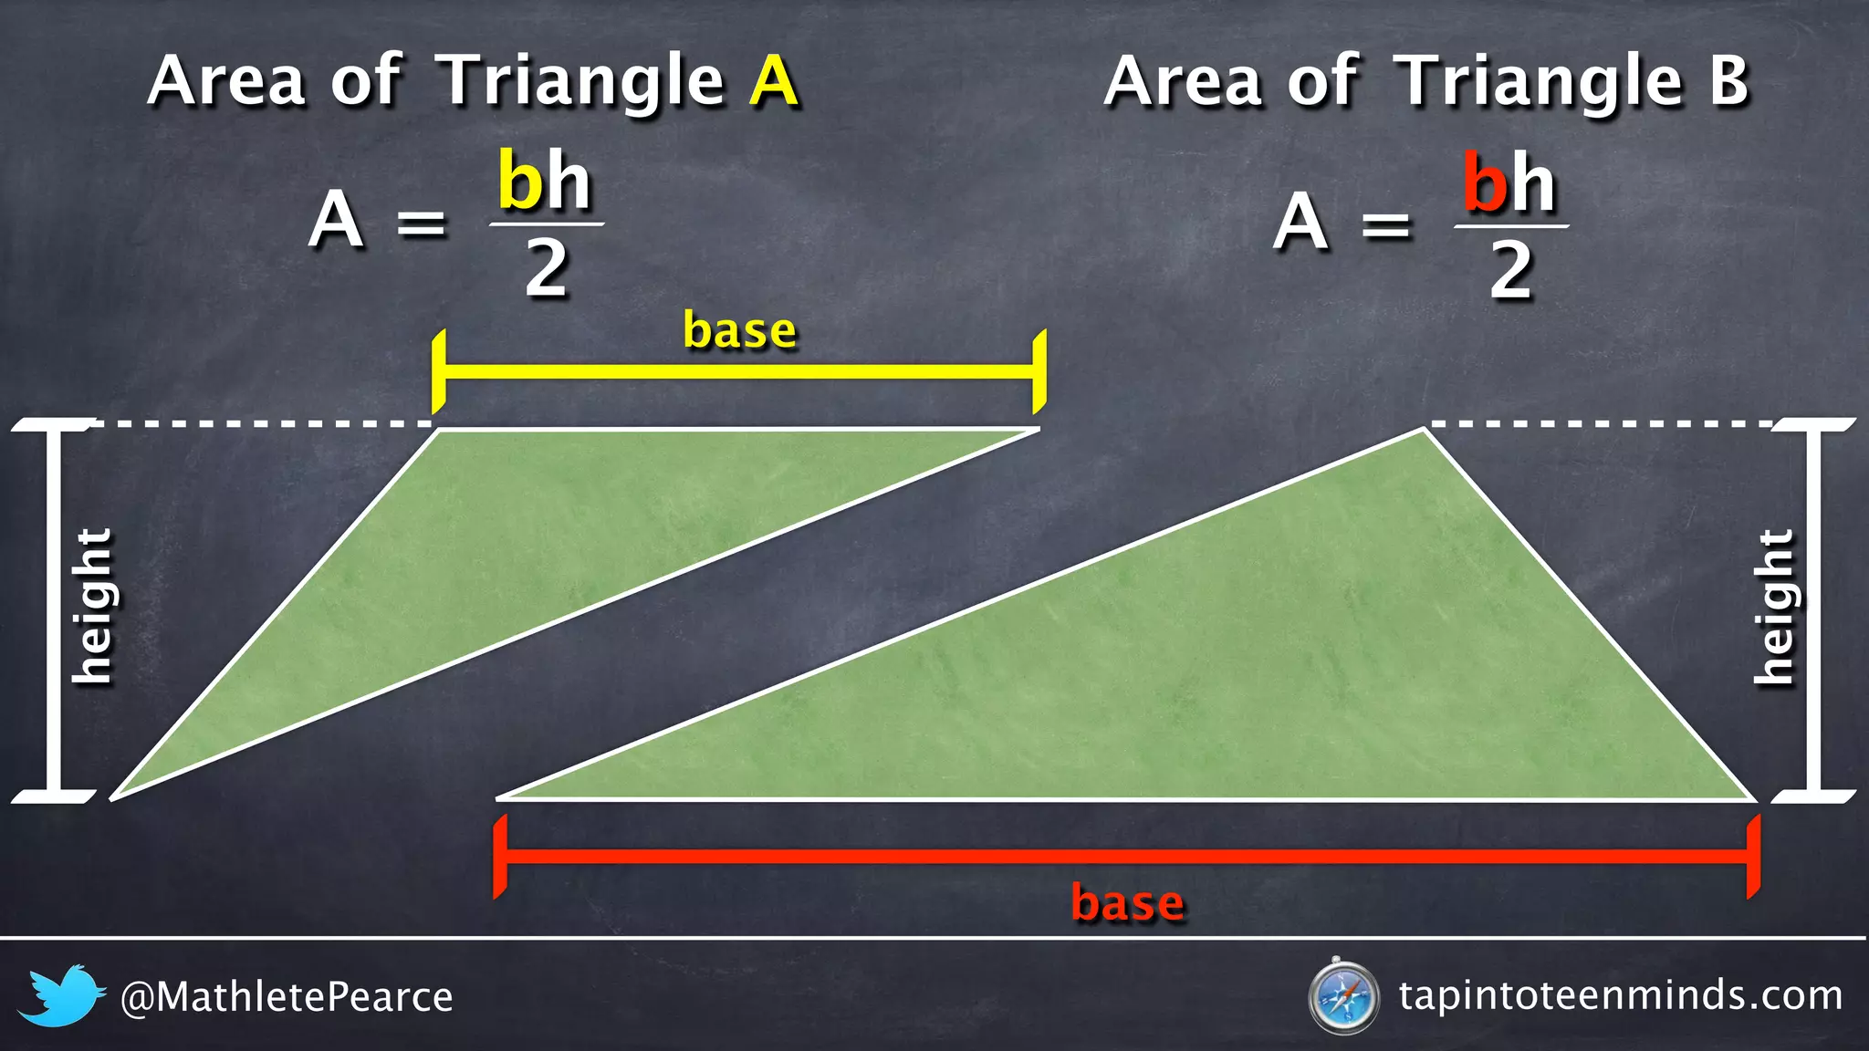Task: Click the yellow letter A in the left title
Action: [774, 81]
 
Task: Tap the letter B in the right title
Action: [1728, 81]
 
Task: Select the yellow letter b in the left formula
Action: [520, 182]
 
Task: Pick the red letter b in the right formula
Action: [1485, 182]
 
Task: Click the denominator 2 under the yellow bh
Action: [546, 269]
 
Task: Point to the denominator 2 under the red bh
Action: [1510, 271]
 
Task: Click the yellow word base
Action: [739, 330]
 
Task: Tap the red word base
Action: [1128, 903]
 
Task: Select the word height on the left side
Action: [93, 606]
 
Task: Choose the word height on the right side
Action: [1775, 607]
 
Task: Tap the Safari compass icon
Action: [1342, 995]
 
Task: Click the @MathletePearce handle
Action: [287, 997]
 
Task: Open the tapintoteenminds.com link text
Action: [1620, 995]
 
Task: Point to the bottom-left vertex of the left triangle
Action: [113, 798]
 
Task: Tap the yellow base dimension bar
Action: [739, 371]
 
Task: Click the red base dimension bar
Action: [1127, 856]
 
